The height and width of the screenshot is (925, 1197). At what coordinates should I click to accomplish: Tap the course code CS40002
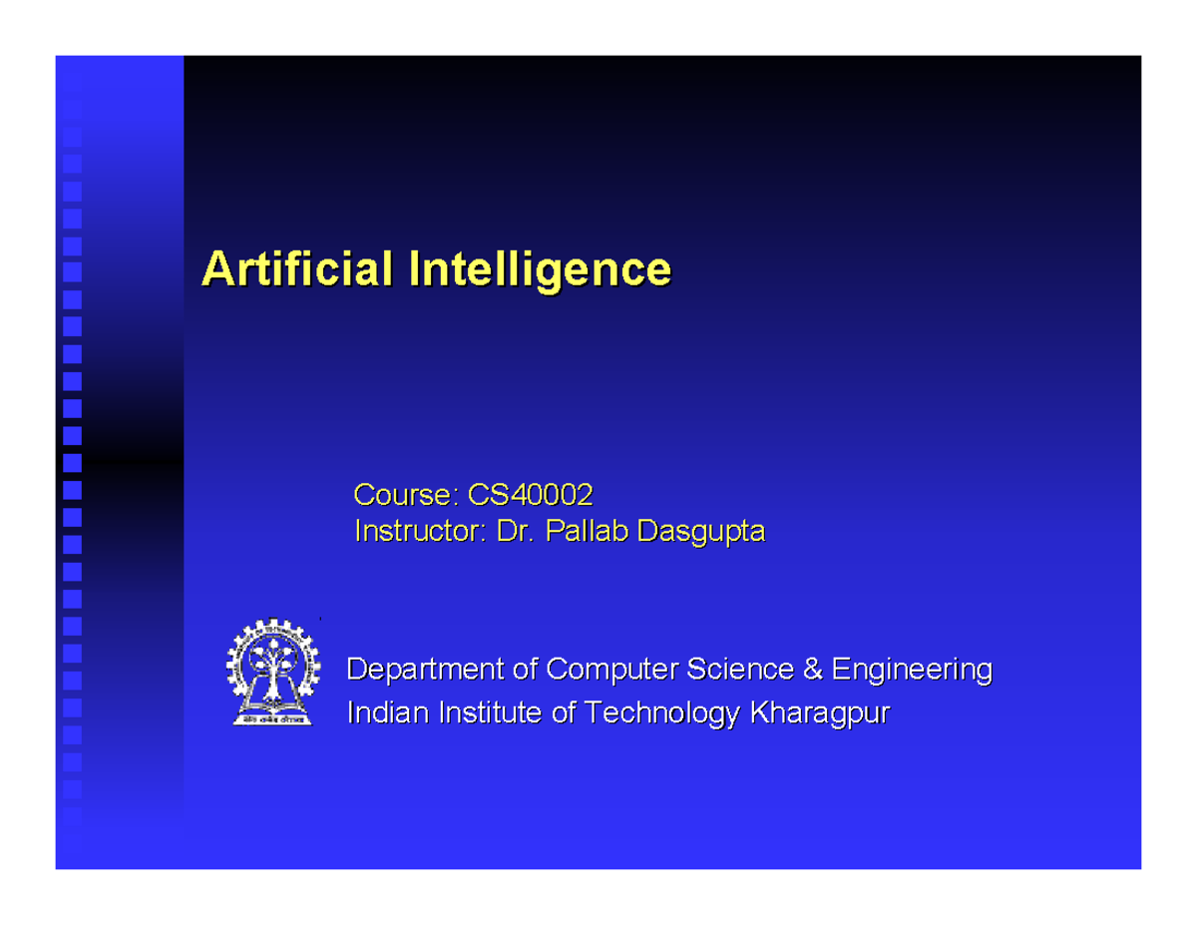coord(523,494)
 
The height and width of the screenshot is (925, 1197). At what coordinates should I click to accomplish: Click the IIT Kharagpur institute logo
coord(271,672)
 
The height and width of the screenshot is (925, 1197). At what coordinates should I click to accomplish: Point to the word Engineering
coord(912,669)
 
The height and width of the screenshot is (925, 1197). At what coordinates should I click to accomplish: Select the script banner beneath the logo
coord(271,717)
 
